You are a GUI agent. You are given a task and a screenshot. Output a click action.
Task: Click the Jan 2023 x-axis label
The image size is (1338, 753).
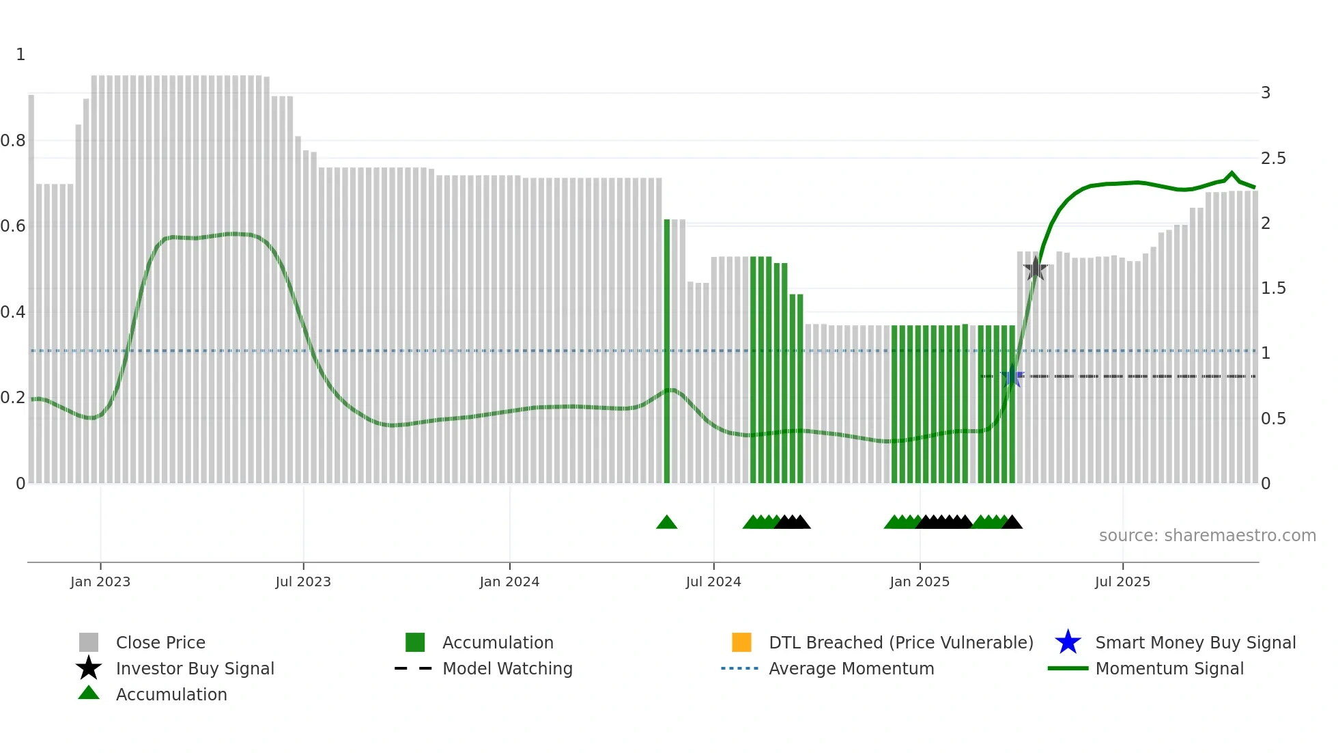tap(100, 581)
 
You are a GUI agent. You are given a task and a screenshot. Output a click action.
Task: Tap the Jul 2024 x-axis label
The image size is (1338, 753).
tap(713, 581)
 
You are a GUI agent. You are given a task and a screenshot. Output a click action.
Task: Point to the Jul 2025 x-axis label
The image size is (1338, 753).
tap(1122, 581)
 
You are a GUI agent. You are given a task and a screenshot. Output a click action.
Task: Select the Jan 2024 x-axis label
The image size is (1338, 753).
tap(509, 581)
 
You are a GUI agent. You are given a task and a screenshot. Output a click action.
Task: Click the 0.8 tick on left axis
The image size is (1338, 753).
tap(13, 141)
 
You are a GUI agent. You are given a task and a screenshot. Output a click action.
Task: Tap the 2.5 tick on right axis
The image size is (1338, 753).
tap(1273, 159)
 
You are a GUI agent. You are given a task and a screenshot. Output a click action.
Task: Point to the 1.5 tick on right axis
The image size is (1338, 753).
tap(1273, 288)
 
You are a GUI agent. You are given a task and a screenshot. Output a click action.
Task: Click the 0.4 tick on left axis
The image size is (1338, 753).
tap(13, 312)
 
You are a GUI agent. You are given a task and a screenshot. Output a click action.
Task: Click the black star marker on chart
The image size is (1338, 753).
tap(1035, 269)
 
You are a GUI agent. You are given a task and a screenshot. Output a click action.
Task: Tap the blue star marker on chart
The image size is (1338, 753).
tap(1012, 376)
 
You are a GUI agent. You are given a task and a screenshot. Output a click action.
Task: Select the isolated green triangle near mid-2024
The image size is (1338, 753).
tap(666, 523)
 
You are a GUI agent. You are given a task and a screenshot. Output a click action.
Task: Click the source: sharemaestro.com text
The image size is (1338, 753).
tap(1207, 536)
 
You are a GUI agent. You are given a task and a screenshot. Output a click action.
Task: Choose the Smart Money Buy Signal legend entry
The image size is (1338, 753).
tap(1195, 642)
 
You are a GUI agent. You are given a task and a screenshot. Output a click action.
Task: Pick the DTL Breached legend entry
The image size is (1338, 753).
tap(900, 642)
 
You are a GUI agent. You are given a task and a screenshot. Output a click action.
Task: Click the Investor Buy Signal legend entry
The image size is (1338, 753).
tap(195, 668)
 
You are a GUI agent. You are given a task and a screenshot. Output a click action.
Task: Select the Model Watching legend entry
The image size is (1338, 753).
tap(507, 668)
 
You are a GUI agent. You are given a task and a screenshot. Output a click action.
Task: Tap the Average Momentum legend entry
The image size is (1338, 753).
tap(851, 668)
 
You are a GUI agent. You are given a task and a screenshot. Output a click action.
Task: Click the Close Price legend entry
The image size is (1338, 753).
tap(160, 642)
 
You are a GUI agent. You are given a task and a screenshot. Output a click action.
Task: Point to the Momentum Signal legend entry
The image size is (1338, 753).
tap(1169, 668)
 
